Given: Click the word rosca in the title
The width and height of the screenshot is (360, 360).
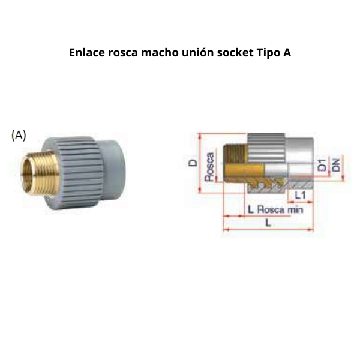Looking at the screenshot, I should point(122,52).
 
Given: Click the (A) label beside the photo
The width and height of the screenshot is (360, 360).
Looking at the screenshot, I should point(19,135).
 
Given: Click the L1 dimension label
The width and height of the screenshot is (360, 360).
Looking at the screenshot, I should point(301,196).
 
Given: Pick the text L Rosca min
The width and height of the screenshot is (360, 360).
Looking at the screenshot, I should point(275,210).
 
